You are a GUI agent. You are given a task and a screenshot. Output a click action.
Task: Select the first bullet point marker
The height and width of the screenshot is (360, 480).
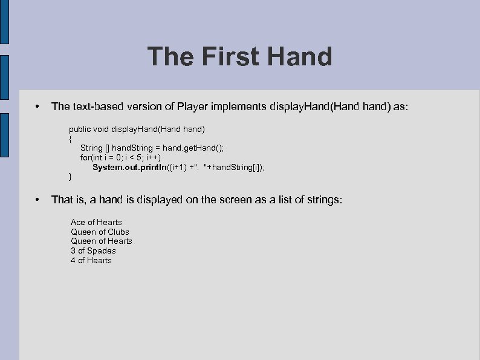coord(37,106)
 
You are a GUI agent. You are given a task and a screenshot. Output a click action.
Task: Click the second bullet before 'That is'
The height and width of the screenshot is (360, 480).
coord(37,199)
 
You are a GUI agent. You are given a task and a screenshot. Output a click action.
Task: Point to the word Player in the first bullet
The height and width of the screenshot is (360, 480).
coord(192,106)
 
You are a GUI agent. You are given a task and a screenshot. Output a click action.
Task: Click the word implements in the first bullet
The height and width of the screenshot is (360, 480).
coord(235,106)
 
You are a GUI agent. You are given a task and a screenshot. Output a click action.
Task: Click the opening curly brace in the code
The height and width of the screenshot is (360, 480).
coord(71,139)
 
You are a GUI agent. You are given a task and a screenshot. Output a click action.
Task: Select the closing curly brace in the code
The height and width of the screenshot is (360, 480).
coord(71,177)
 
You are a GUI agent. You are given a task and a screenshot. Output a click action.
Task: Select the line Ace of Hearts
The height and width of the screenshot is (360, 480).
coord(96,222)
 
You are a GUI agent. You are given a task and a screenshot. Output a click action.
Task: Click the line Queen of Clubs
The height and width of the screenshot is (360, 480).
coord(100,232)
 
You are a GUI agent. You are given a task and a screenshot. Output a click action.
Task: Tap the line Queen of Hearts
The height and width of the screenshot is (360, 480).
coord(102,241)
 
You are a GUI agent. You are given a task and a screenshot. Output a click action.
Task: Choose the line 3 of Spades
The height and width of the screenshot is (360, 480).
coord(93,250)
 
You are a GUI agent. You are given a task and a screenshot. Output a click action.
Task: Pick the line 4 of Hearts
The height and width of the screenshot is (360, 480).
coord(91,260)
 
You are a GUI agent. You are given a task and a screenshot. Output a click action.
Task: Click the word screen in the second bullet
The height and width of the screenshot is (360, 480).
coord(226,199)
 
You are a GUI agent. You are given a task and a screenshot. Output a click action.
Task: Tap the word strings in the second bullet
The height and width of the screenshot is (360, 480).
coord(323,199)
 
